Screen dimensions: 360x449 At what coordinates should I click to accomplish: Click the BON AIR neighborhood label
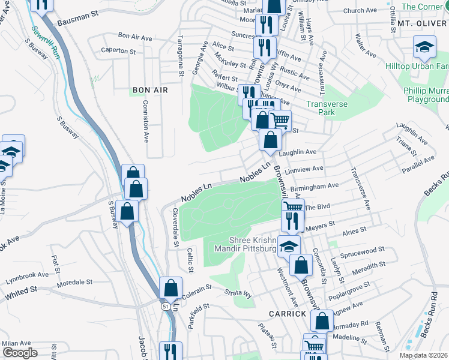click(149, 89)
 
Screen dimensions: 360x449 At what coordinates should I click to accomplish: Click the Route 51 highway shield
click(164, 305)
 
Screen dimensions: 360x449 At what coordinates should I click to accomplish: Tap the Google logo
click(20, 353)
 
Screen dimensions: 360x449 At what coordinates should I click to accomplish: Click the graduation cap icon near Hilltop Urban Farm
click(424, 47)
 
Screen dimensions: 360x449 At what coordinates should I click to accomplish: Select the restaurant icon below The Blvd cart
click(292, 221)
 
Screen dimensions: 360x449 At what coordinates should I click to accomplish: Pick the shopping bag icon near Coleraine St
click(170, 289)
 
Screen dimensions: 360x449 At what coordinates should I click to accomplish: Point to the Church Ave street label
click(360, 11)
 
